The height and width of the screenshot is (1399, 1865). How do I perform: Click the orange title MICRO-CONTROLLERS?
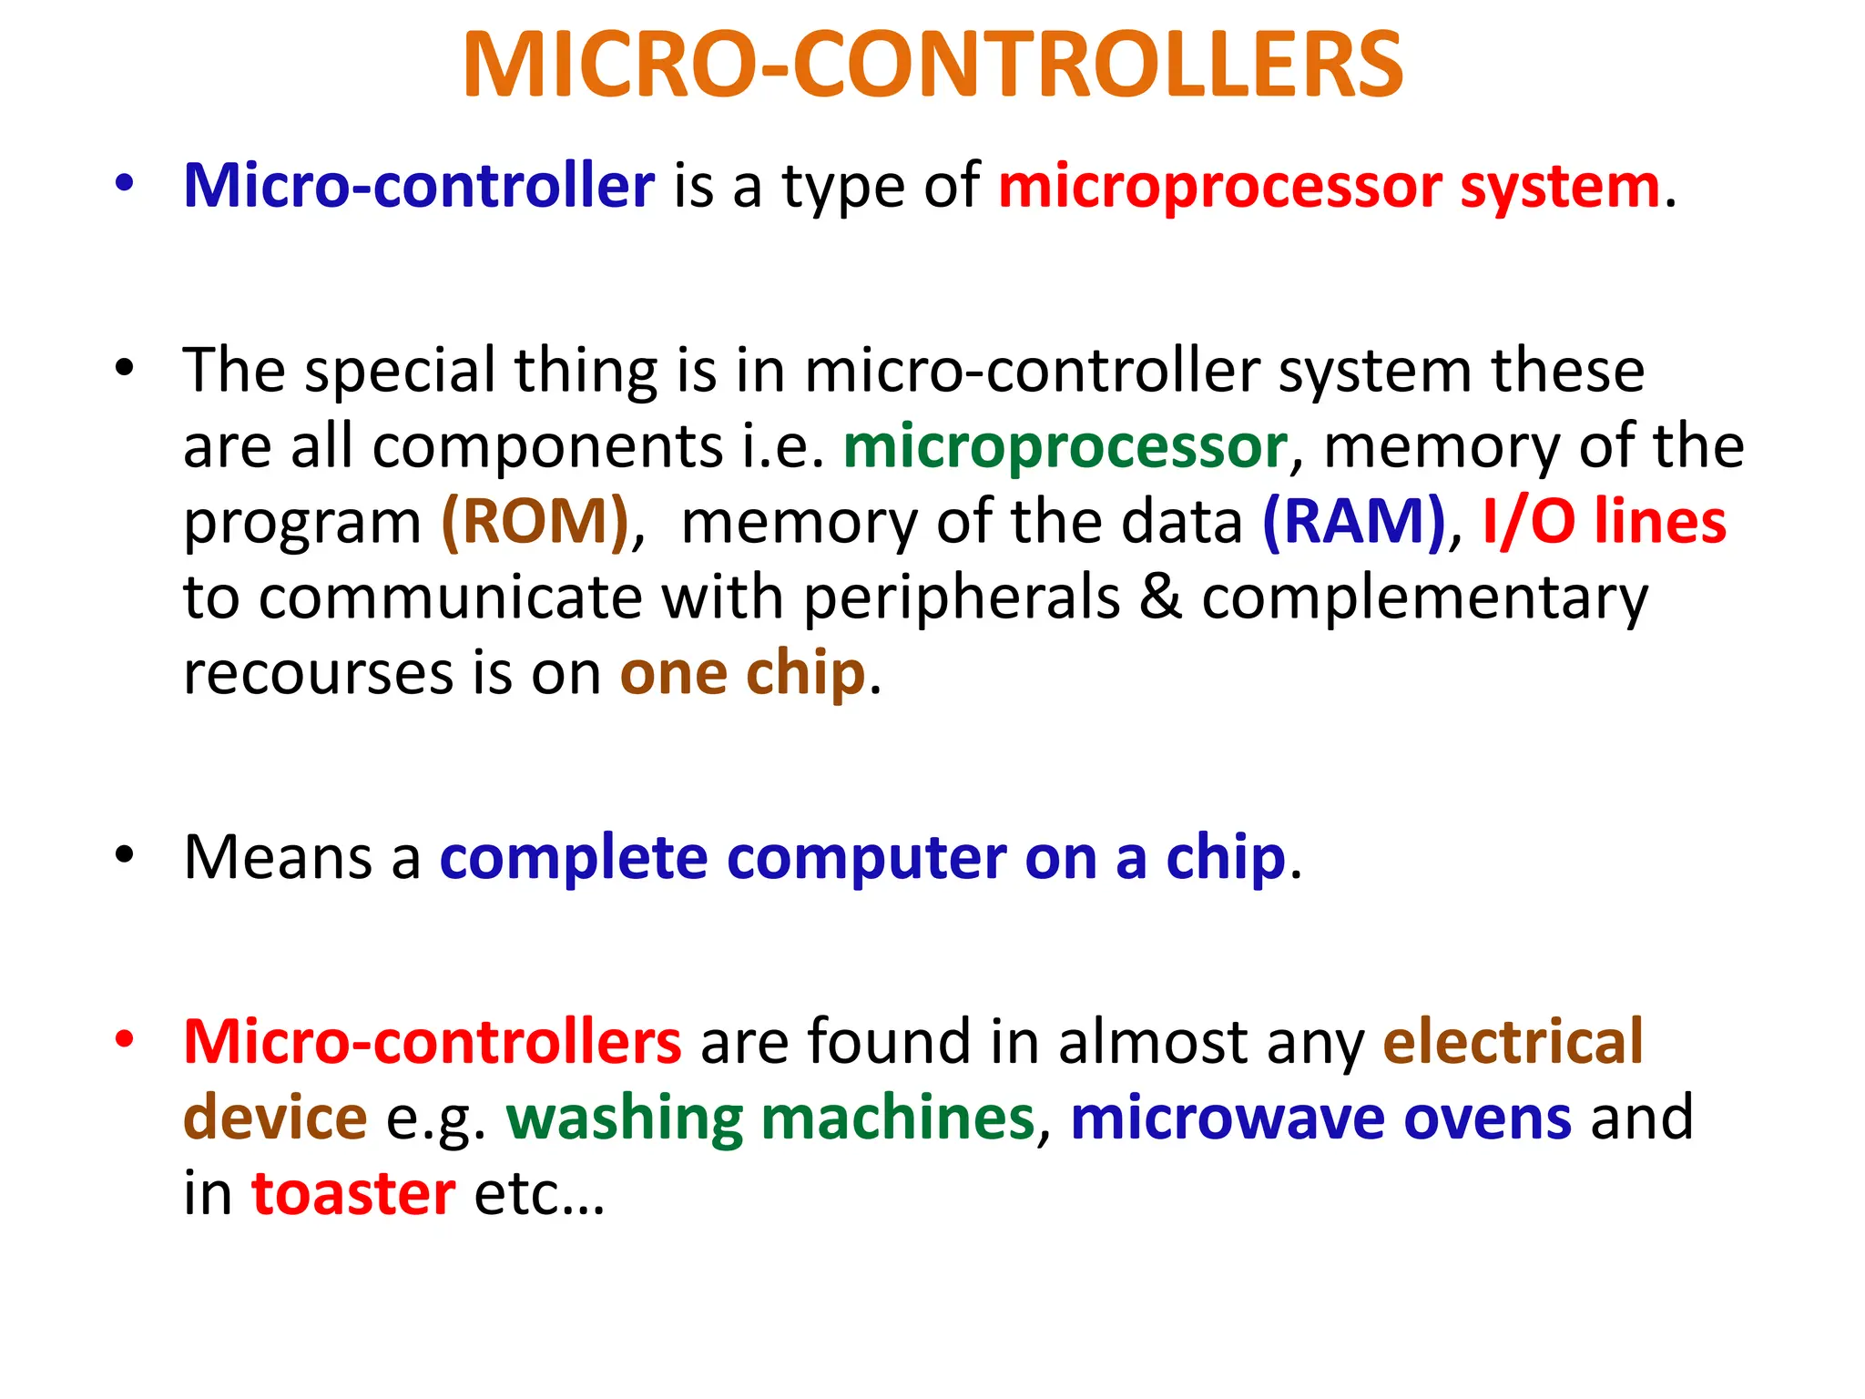(x=932, y=66)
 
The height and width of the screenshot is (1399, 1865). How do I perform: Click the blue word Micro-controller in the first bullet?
(x=419, y=186)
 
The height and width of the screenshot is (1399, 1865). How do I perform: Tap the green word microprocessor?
(x=1065, y=447)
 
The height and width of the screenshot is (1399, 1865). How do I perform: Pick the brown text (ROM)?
(x=535, y=522)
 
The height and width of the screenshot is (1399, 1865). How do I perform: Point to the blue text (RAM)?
(x=1354, y=522)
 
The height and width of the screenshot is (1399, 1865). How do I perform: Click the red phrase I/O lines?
(x=1604, y=522)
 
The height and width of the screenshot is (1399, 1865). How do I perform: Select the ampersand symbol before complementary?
(x=1160, y=597)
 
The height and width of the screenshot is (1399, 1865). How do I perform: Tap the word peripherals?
(x=962, y=599)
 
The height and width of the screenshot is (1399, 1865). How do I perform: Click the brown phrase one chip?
(x=742, y=673)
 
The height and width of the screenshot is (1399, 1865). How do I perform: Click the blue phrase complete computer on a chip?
(x=862, y=858)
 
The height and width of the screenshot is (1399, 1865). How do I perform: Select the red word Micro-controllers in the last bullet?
(x=433, y=1041)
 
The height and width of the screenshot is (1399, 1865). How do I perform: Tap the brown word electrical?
(x=1513, y=1041)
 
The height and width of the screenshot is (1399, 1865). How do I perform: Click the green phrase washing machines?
(x=770, y=1118)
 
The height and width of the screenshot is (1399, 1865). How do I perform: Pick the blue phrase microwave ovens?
(x=1320, y=1118)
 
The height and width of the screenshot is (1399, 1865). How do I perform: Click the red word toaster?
(x=353, y=1193)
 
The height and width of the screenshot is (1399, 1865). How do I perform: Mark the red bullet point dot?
(x=125, y=1038)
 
